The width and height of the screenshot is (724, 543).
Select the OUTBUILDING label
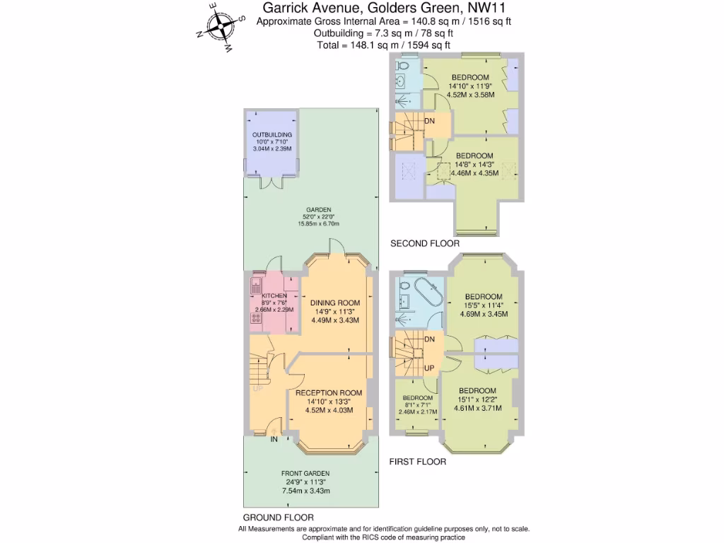[x=271, y=134]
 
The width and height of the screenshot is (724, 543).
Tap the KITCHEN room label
[x=274, y=296]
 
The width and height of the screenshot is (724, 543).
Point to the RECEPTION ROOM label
[x=329, y=392]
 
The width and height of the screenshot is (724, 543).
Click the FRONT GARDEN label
[x=305, y=473]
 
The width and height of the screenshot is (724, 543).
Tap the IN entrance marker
[x=274, y=439]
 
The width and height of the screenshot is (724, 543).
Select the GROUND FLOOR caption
[x=278, y=518]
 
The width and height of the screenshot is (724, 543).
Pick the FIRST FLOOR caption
[x=418, y=462]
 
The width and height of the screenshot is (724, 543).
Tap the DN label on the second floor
[x=429, y=121]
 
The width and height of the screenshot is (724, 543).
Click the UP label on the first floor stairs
[x=429, y=368]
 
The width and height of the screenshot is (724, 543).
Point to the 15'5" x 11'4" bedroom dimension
[x=484, y=305]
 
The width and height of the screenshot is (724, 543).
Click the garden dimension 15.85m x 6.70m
[x=318, y=224]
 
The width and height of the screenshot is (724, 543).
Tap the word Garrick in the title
[x=286, y=8]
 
